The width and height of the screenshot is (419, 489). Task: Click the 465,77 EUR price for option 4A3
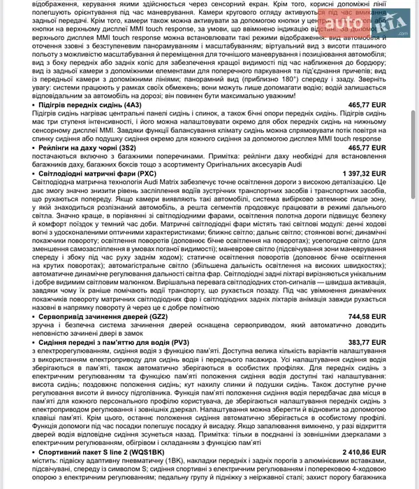pos(367,104)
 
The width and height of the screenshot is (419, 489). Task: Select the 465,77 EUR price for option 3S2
pos(367,148)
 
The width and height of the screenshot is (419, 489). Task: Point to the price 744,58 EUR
pos(367,316)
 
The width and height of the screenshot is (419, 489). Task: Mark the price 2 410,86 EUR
pos(364,453)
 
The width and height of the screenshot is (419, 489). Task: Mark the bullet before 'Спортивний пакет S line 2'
pos(34,453)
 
